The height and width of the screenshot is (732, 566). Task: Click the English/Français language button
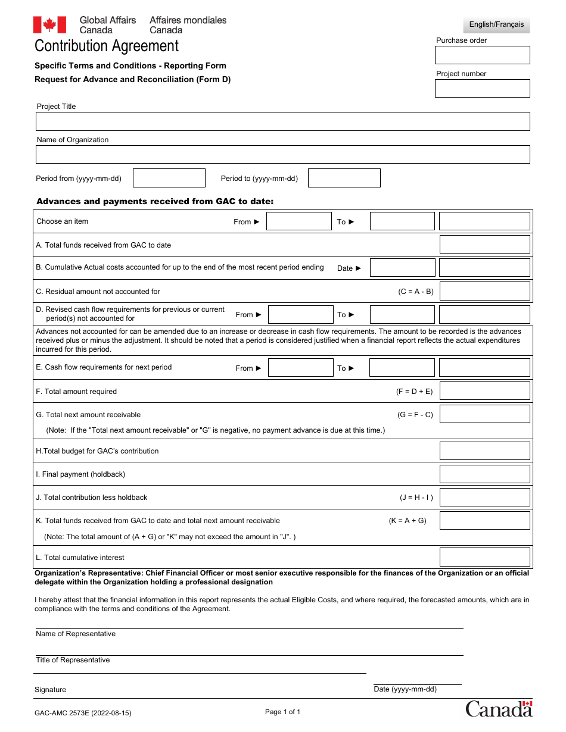tap(496, 24)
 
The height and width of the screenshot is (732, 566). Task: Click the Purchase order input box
tap(482, 55)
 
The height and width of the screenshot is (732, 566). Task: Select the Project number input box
tap(482, 89)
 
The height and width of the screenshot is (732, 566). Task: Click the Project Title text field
tap(282, 121)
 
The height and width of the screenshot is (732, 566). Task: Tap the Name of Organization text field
tap(282, 155)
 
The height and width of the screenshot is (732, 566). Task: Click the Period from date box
tap(169, 178)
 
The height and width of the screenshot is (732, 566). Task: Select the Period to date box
tap(344, 178)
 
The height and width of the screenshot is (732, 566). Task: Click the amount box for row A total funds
tap(484, 245)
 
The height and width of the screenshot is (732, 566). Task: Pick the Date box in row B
tap(402, 268)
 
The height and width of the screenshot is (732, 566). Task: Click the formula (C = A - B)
tap(416, 292)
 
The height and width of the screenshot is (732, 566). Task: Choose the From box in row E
tap(300, 368)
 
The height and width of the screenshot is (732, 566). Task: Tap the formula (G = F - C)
tap(415, 415)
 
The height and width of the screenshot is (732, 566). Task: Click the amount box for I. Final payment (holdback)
tap(484, 474)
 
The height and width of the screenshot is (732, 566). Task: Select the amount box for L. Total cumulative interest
tap(484, 557)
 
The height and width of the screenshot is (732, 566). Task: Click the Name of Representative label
tap(76, 634)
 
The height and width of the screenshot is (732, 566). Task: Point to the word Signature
tap(51, 690)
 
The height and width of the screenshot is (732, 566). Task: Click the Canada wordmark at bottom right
tap(499, 708)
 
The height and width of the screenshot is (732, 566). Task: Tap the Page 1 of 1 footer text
tap(282, 712)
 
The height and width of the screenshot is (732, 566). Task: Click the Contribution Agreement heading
tap(107, 46)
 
